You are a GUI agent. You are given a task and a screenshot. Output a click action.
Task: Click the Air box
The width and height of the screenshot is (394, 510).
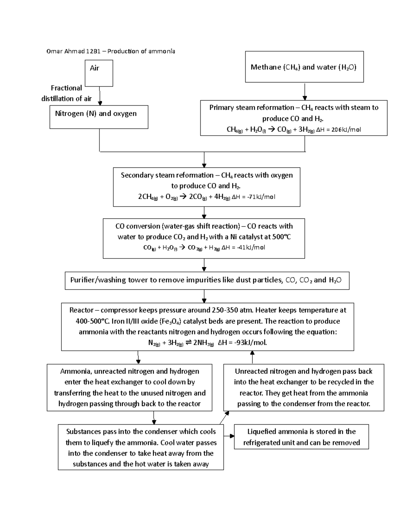(x=99, y=73)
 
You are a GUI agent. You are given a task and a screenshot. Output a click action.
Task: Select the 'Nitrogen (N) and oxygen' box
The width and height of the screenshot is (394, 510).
(x=99, y=117)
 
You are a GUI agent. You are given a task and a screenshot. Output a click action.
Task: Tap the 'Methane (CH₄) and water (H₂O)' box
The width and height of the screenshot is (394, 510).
(x=304, y=67)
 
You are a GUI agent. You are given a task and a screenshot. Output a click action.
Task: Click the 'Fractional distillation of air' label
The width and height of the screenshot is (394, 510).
(x=66, y=93)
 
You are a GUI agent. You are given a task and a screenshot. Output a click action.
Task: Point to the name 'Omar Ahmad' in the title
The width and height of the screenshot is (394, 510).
(x=65, y=51)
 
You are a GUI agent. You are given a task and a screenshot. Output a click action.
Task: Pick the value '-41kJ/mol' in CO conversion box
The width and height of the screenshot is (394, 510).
(x=251, y=247)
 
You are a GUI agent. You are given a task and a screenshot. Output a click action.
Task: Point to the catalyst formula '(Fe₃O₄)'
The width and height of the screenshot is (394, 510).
(x=170, y=321)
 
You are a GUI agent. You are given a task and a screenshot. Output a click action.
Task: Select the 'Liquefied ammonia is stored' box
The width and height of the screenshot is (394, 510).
(x=301, y=437)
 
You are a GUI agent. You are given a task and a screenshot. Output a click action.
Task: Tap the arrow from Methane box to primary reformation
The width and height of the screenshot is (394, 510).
(x=305, y=92)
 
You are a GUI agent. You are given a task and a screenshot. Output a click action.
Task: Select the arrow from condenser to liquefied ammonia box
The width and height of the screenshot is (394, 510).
(x=229, y=436)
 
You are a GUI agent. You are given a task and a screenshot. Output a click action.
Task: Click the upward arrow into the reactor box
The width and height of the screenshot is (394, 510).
(x=252, y=357)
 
